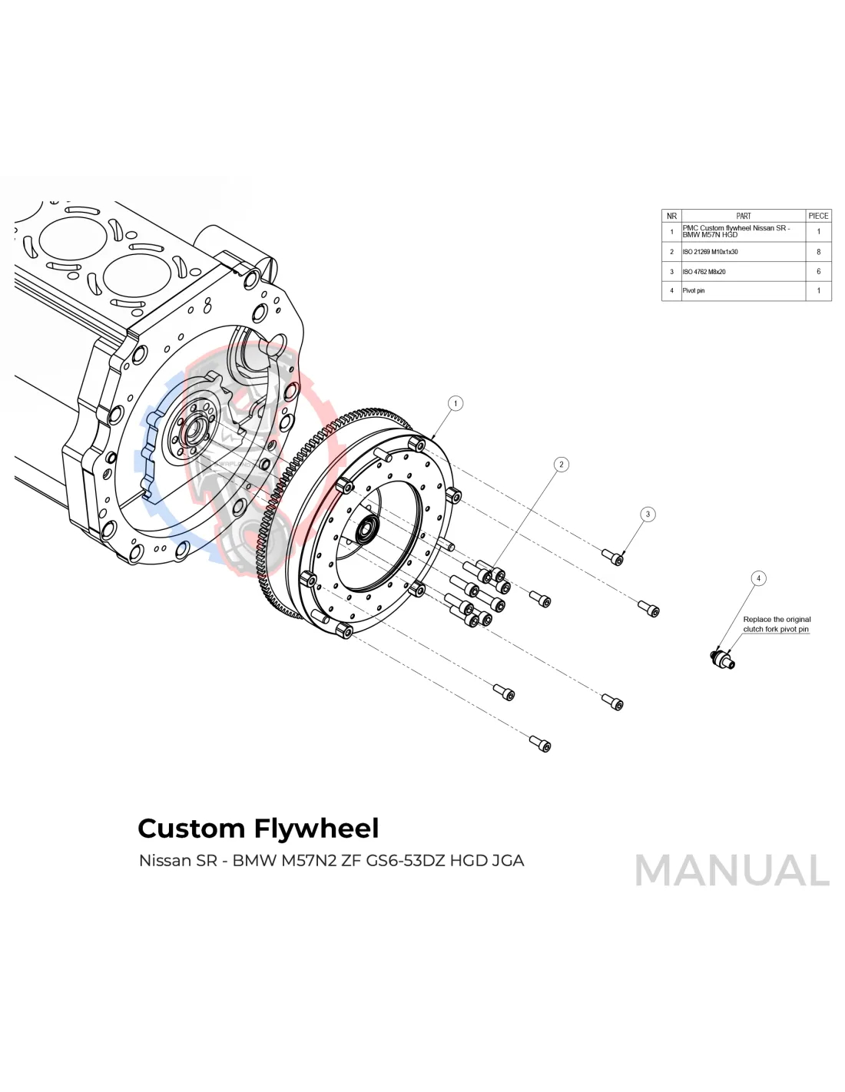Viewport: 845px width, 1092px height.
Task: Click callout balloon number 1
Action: [456, 403]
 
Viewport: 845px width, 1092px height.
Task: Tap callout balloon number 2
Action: [562, 464]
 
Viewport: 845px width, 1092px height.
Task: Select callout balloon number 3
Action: [648, 514]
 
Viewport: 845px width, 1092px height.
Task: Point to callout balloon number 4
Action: [758, 578]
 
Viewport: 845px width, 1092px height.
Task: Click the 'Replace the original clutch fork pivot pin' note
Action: [776, 624]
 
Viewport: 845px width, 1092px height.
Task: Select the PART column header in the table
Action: [743, 216]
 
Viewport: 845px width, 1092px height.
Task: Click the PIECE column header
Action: [818, 216]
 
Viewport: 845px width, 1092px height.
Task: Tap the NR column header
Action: [671, 216]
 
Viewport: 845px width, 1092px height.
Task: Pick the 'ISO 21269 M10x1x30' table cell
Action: [711, 252]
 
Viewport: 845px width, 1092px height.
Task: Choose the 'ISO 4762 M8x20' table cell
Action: [704, 272]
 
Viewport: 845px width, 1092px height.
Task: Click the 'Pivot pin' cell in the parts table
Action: [694, 291]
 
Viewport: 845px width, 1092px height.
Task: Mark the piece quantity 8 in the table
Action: [818, 252]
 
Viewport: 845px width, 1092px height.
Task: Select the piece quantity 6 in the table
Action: [818, 272]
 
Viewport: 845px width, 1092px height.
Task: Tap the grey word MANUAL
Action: [731, 870]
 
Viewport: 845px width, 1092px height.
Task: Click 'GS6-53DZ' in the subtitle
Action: [405, 861]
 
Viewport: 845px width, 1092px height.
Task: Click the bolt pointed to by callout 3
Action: [613, 557]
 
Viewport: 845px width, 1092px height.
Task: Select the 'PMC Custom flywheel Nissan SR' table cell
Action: [736, 231]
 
